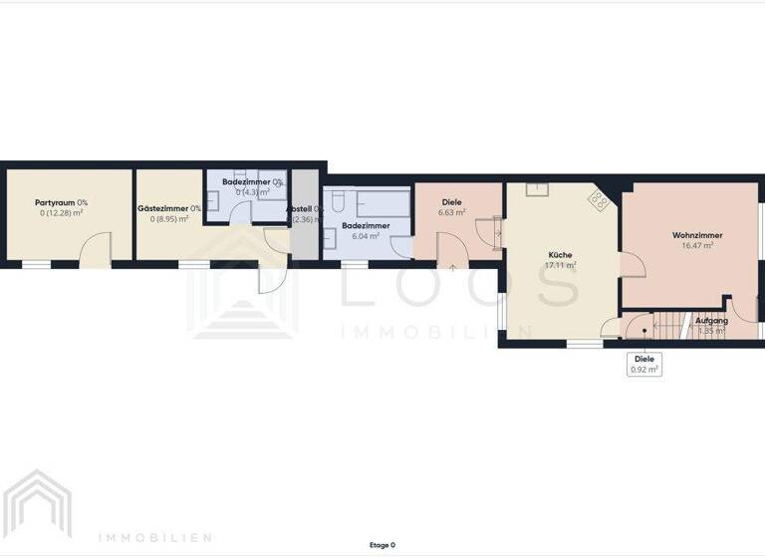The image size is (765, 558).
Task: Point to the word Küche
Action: pyautogui.click(x=560, y=255)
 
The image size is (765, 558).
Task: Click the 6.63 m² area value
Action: pyautogui.click(x=452, y=212)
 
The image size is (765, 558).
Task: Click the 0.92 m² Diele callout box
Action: pyautogui.click(x=643, y=364)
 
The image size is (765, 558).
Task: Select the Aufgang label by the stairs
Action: pyautogui.click(x=711, y=320)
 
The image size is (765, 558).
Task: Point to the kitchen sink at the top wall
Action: pyautogui.click(x=535, y=187)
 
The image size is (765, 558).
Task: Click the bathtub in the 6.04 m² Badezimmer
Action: pyautogui.click(x=383, y=201)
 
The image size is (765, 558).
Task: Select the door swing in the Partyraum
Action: pyautogui.click(x=96, y=249)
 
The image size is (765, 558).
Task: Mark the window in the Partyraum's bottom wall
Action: pyautogui.click(x=36, y=264)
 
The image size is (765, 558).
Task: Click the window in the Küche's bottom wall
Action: pyautogui.click(x=585, y=344)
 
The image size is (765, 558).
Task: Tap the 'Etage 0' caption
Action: pyautogui.click(x=382, y=545)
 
